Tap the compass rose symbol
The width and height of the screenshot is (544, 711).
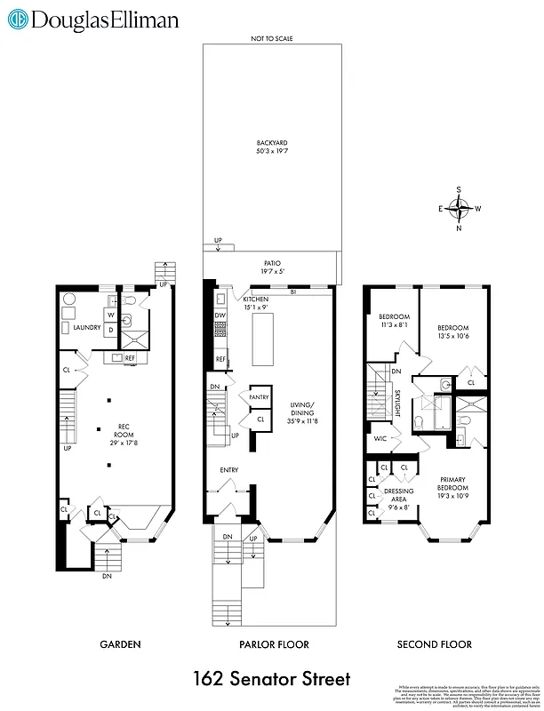point(460,209)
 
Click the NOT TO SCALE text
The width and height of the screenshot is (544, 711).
point(271,38)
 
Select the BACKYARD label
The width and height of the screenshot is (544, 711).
point(271,143)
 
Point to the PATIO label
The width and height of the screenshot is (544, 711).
point(271,263)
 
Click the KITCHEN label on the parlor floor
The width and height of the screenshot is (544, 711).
point(256,300)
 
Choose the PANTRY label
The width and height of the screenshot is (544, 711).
point(259,398)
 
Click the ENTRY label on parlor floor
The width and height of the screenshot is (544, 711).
point(230,469)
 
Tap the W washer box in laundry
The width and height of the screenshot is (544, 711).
point(111,315)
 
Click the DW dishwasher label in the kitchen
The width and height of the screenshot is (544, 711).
point(219,315)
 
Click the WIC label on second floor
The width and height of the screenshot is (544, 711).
point(380,438)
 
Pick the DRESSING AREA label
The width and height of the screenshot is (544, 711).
point(397,494)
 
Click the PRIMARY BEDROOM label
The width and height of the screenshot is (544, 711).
point(453,483)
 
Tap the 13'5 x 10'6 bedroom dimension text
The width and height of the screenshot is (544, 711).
point(452,336)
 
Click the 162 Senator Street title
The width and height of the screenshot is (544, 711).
point(271,680)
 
